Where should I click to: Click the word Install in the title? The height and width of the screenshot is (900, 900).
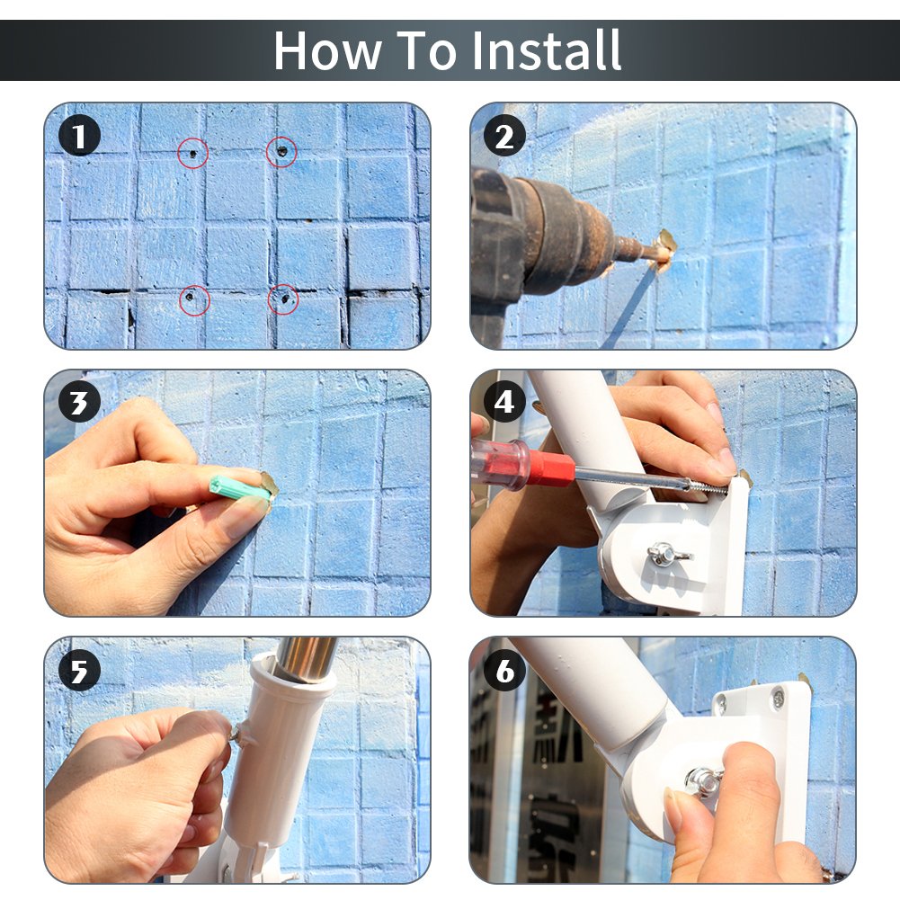coord(546,50)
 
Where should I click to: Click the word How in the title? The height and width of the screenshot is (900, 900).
coord(328,50)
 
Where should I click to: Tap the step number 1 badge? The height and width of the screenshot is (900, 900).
coord(79,136)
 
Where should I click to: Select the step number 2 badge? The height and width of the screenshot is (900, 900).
coord(504,136)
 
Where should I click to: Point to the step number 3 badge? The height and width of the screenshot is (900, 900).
coord(79,402)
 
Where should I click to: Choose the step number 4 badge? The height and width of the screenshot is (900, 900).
coord(504,402)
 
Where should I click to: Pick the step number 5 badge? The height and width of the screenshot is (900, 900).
coord(79,671)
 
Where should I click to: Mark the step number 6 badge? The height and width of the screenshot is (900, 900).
coord(504,671)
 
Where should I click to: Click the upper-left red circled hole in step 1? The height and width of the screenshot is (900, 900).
coord(192,153)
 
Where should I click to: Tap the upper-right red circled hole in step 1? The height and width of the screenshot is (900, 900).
coord(281,152)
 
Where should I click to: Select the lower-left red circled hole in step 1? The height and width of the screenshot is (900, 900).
coord(194,300)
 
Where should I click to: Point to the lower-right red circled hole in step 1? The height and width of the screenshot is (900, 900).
coord(283,299)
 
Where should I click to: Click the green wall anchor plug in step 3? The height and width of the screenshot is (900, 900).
coord(240,487)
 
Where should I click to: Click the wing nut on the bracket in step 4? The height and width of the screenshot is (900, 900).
coord(667,555)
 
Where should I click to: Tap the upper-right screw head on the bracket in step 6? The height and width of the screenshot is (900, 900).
coord(779,699)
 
